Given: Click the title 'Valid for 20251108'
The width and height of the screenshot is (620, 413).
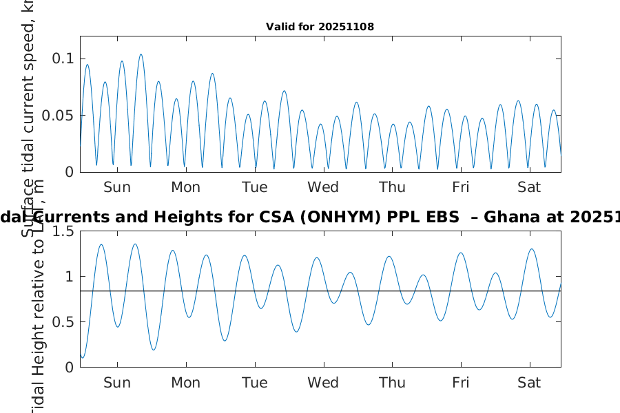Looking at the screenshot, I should [x=320, y=27].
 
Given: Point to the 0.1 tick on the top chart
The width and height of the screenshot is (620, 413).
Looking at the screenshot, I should [x=63, y=59].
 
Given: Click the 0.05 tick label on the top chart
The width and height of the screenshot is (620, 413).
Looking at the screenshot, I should [x=59, y=115].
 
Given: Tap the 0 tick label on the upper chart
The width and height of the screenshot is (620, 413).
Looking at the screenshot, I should [x=69, y=172].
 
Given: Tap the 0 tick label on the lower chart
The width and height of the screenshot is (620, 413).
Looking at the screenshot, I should [x=69, y=368].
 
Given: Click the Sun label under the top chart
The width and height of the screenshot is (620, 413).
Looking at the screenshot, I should [x=117, y=187].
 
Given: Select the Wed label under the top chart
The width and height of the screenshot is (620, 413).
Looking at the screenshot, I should [x=323, y=187].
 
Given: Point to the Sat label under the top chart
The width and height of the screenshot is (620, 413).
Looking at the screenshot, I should [x=529, y=187].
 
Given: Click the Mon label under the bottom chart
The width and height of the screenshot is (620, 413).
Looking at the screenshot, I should [x=186, y=383].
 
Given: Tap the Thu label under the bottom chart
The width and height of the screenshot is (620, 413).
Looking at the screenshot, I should [x=392, y=383].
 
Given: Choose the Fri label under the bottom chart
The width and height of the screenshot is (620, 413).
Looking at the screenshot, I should [x=461, y=383].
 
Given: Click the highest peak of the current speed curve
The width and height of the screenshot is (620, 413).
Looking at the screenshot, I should [x=141, y=54].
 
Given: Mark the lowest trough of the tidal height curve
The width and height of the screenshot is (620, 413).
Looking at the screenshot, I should [x=83, y=357].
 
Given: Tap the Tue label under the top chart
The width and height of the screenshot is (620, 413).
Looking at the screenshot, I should [x=255, y=187].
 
